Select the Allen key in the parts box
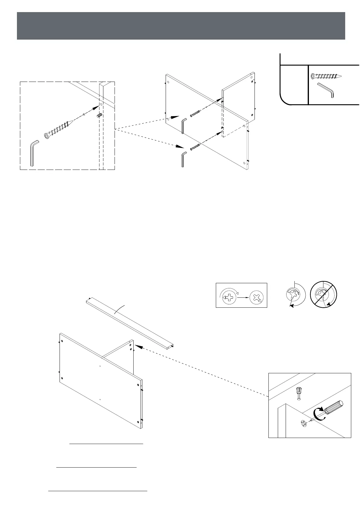(x=326, y=90)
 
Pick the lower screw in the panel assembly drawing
(x=195, y=147)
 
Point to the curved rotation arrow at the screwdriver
(x=319, y=413)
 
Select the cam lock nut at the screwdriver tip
(x=304, y=423)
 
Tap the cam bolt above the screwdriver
(x=299, y=393)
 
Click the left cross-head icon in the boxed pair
(x=229, y=297)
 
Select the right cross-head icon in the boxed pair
(x=257, y=297)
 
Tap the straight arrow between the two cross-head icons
(x=243, y=297)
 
